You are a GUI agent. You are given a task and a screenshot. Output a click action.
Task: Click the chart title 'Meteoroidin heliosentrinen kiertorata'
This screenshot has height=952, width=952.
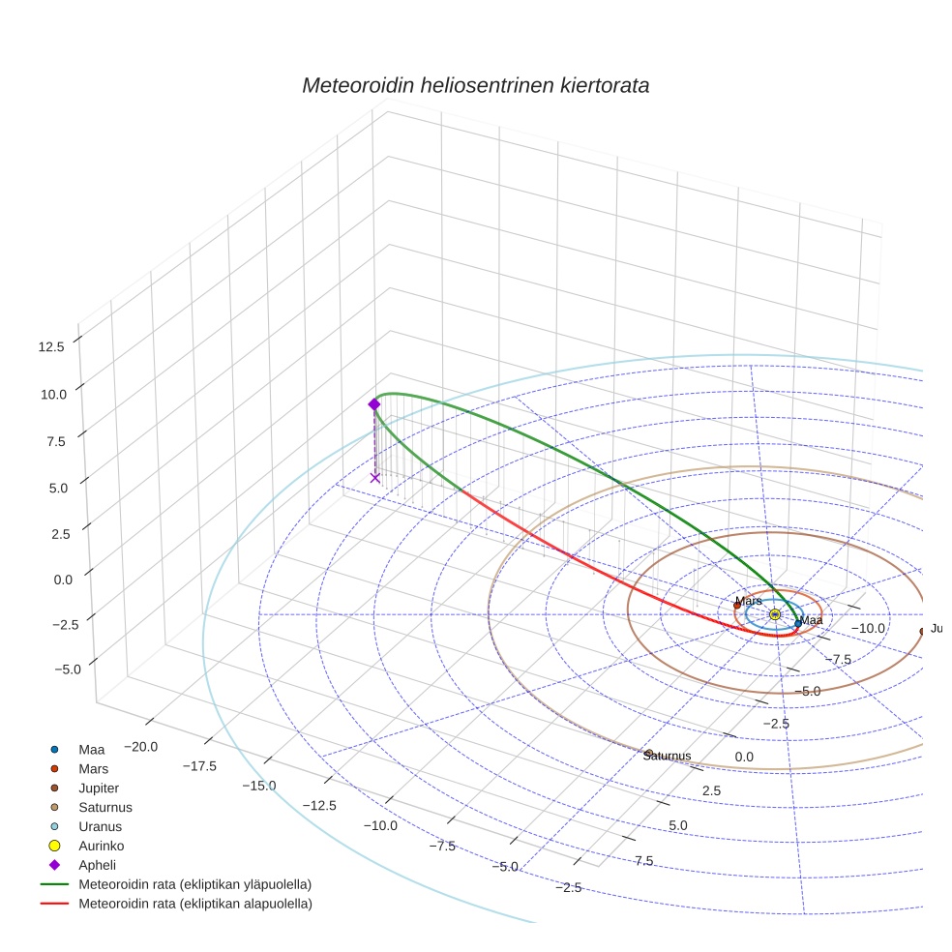pyautogui.click(x=475, y=85)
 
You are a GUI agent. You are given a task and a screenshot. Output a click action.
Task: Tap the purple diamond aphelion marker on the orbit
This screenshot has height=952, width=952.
pyautogui.click(x=374, y=404)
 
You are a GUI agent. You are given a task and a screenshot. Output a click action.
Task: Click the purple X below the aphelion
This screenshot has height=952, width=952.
pyautogui.click(x=375, y=477)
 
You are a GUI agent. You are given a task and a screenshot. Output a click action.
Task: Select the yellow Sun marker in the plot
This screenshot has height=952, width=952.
pyautogui.click(x=775, y=614)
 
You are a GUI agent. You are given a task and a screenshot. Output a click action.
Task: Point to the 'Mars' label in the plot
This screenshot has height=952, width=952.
pyautogui.click(x=748, y=601)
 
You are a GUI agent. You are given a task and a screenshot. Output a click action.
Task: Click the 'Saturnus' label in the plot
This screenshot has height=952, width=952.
pyautogui.click(x=667, y=756)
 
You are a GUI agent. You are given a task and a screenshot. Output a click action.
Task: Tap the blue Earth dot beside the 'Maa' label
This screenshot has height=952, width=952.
pyautogui.click(x=797, y=624)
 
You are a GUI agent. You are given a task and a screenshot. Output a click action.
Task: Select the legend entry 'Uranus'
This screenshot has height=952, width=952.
pyautogui.click(x=99, y=826)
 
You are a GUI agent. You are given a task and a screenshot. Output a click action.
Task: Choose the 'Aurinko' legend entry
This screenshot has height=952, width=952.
pyautogui.click(x=102, y=846)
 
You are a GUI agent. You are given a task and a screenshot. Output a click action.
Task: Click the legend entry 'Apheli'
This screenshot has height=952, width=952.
pyautogui.click(x=98, y=865)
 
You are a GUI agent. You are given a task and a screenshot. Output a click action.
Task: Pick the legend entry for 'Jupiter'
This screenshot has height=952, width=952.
pyautogui.click(x=99, y=788)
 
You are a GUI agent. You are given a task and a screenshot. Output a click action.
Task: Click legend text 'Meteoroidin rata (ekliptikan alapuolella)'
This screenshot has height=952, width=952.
pyautogui.click(x=194, y=904)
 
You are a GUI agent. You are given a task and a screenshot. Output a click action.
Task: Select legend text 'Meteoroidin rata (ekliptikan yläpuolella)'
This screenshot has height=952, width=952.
pyautogui.click(x=194, y=884)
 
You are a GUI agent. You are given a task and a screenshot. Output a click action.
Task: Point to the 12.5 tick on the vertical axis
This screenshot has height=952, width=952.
pyautogui.click(x=48, y=346)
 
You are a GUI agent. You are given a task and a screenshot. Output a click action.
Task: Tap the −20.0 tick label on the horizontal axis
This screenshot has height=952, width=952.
pyautogui.click(x=143, y=747)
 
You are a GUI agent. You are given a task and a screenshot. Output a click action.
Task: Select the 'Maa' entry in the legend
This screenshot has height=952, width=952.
pyautogui.click(x=91, y=749)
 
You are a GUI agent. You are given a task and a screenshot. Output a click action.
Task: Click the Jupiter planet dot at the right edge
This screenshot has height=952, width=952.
pyautogui.click(x=922, y=631)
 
